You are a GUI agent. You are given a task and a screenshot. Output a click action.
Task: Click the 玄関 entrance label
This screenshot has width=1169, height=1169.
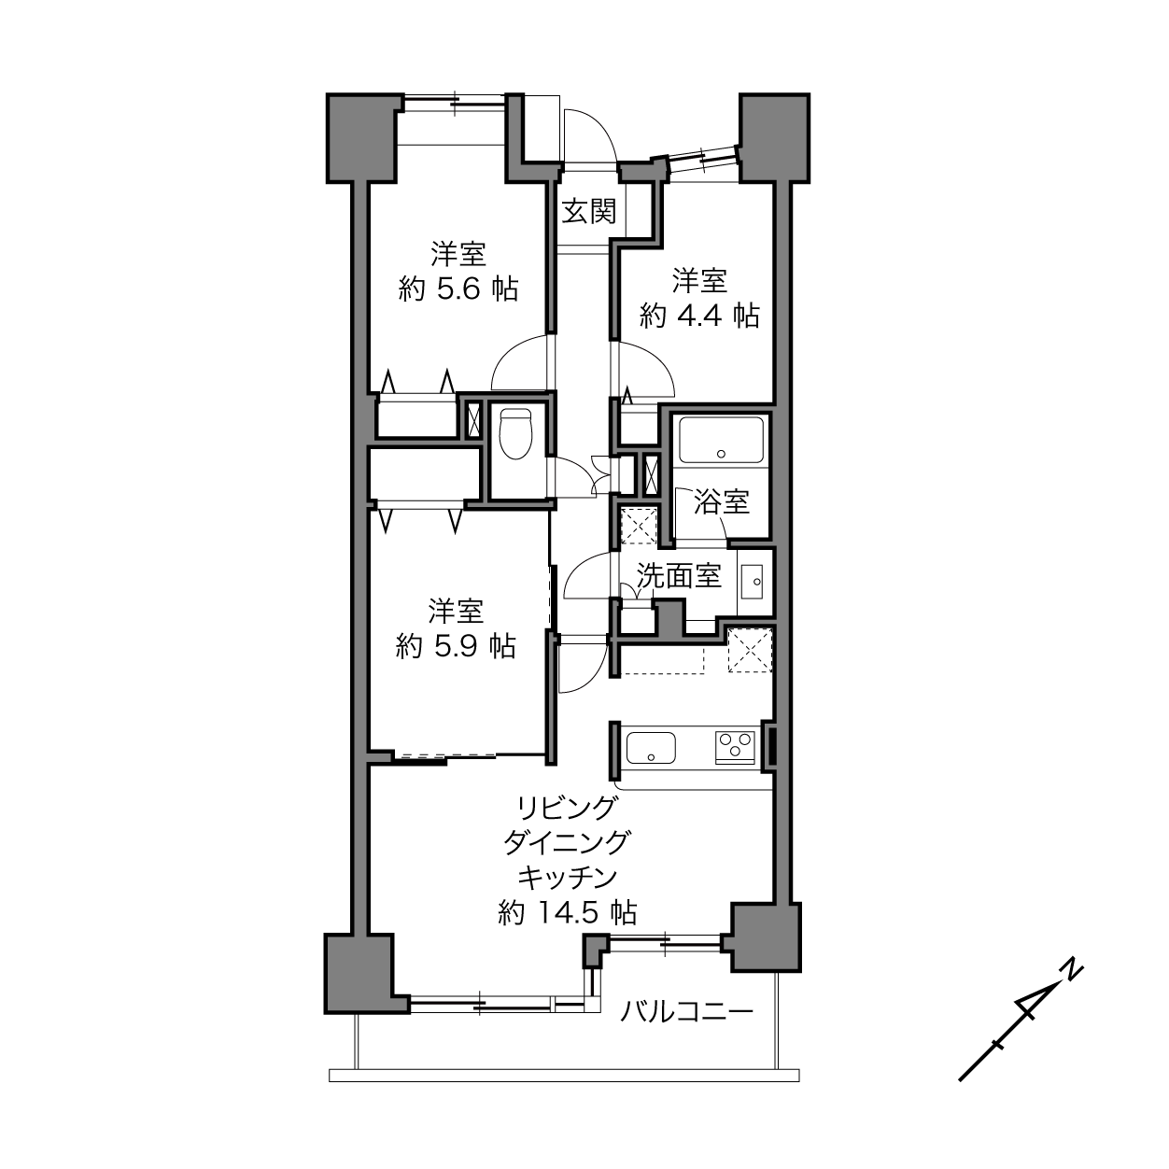pyautogui.click(x=588, y=212)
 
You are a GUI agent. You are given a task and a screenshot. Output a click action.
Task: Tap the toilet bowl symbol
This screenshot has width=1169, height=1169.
pyautogui.click(x=515, y=434)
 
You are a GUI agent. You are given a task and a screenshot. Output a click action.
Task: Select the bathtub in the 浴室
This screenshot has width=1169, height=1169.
pyautogui.click(x=720, y=441)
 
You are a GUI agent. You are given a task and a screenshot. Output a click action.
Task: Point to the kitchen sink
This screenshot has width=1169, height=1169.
pyautogui.click(x=650, y=747)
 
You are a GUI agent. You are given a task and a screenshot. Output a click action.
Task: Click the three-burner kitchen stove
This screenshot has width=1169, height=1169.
pyautogui.click(x=735, y=747)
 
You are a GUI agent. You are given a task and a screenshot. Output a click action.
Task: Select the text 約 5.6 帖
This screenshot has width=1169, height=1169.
pyautogui.click(x=458, y=289)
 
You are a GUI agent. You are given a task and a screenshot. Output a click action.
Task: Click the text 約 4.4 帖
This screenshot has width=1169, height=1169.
pyautogui.click(x=698, y=316)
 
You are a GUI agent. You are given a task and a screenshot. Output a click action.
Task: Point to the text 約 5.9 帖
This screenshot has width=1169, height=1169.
pyautogui.click(x=456, y=646)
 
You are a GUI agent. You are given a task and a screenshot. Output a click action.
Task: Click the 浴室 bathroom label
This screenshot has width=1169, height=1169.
pyautogui.click(x=722, y=501)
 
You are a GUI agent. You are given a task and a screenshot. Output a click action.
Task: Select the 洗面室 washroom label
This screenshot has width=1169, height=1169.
pyautogui.click(x=679, y=576)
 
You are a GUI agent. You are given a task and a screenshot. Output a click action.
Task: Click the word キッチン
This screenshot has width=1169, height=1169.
pyautogui.click(x=567, y=877)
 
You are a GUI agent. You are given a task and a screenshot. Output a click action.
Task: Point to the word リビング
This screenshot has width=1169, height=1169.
pyautogui.click(x=567, y=808)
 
